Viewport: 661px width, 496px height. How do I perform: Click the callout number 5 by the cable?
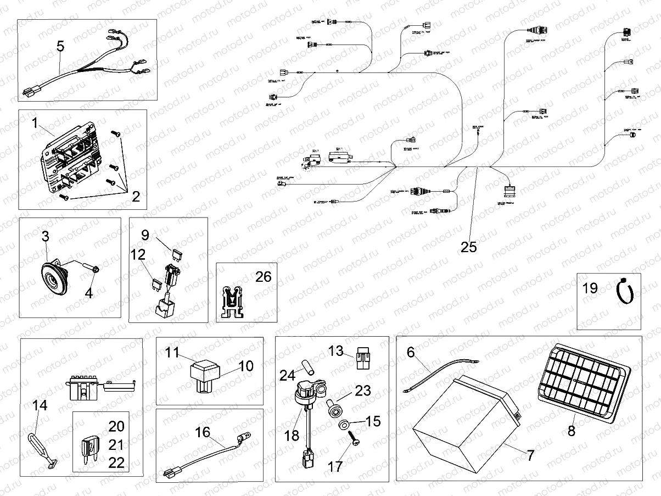[60, 47]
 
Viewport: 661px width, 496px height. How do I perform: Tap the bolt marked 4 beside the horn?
[91, 269]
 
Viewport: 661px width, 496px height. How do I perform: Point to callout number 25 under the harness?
[469, 247]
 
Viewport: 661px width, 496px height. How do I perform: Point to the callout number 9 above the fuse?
[145, 235]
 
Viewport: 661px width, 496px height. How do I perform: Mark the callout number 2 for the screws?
[136, 197]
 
